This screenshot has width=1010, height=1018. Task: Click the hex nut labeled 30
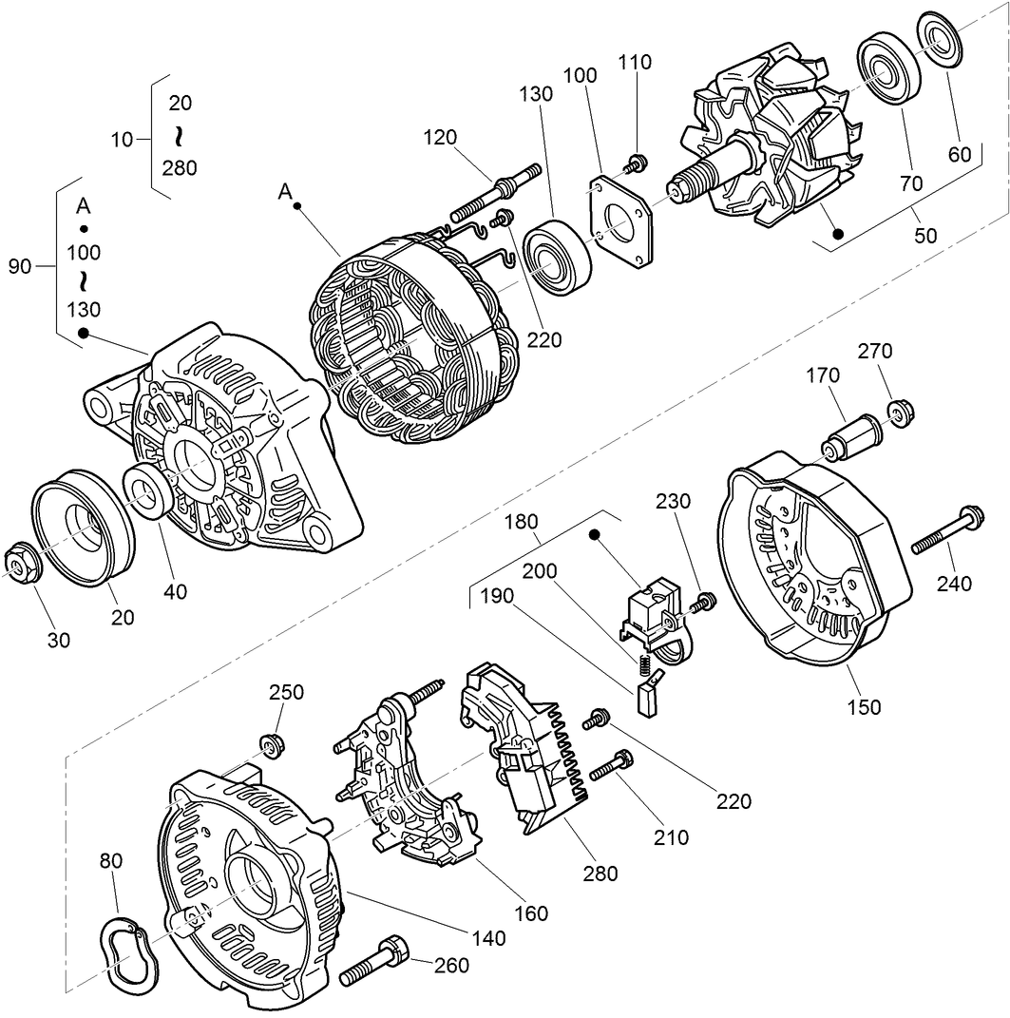[20, 562]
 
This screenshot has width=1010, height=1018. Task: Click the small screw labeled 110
[637, 163]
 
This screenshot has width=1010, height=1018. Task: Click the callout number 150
[865, 706]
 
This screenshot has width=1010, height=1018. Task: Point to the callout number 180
[547, 523]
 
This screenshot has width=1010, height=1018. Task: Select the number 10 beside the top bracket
[122, 140]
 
